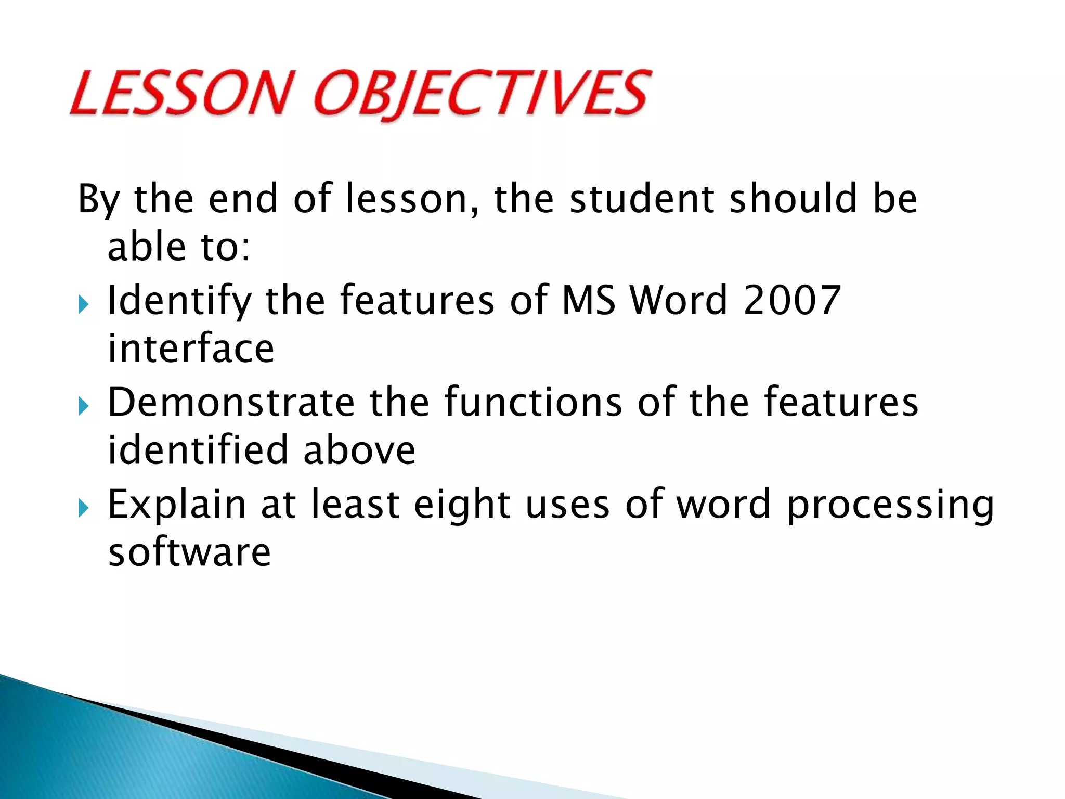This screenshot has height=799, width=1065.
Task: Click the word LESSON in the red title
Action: coord(179,94)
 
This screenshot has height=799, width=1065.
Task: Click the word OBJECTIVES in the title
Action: coord(481,95)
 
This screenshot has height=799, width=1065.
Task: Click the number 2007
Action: coord(792,301)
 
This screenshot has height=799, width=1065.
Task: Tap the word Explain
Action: coord(176,505)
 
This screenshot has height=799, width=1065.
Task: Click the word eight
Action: coord(461,505)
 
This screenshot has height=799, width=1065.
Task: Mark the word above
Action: coord(359,450)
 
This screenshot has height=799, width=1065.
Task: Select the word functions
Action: coord(533,402)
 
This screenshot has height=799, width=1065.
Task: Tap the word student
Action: coord(642,199)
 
